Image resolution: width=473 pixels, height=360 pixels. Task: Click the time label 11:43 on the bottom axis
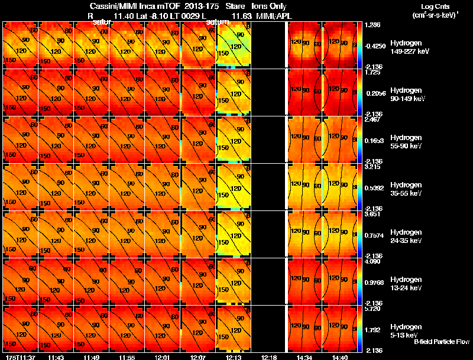[56, 357]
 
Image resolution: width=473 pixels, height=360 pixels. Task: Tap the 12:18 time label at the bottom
[269, 357]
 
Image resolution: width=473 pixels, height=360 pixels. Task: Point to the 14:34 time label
[305, 357]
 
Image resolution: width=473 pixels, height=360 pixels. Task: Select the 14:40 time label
[341, 357]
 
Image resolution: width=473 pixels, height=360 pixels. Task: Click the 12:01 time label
[163, 357]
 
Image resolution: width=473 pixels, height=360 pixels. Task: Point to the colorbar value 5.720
[374, 309]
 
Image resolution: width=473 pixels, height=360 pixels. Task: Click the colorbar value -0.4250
[376, 45]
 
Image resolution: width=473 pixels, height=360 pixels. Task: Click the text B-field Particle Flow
[441, 342]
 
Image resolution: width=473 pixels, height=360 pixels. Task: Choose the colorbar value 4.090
[374, 262]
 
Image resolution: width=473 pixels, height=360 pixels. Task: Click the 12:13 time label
[234, 357]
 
